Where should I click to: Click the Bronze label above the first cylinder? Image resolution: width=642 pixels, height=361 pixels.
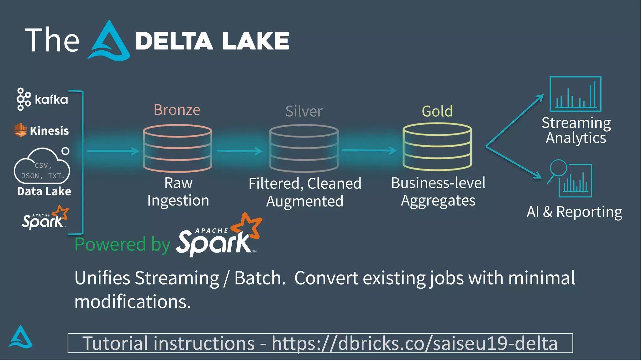coord(177,110)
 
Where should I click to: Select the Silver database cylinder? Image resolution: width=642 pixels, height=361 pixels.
coord(304,148)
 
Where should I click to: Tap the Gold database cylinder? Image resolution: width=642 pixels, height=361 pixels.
coord(437,146)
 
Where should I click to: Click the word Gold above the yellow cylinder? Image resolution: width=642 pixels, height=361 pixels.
coord(437,111)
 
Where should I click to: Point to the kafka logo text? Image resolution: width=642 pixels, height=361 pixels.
coord(51,100)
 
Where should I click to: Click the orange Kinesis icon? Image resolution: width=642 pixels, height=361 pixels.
coord(20,130)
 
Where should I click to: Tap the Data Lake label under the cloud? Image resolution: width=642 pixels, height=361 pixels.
coord(44,191)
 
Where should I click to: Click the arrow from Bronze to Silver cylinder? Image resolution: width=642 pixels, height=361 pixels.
coord(239,151)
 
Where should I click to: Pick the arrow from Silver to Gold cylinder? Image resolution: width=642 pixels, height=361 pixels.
coord(369,151)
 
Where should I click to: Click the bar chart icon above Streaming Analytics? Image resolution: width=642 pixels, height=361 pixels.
coord(575,94)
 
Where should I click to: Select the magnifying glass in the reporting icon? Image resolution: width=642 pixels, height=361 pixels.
coord(558,168)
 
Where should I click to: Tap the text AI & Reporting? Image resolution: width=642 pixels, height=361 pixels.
coord(574,212)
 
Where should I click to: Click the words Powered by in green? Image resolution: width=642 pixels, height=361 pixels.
coord(122,244)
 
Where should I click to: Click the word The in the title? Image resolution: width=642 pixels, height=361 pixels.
coord(52,40)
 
